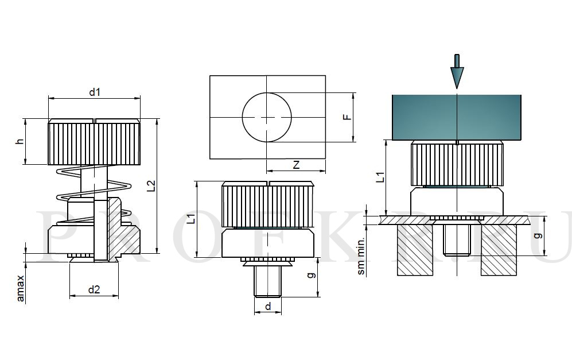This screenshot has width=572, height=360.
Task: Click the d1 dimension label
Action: point(95,92)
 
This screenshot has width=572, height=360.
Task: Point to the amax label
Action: point(21,288)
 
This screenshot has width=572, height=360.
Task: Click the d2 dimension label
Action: point(94,289)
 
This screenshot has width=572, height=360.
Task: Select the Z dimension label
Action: point(296,165)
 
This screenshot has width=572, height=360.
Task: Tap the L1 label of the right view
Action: point(380,177)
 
